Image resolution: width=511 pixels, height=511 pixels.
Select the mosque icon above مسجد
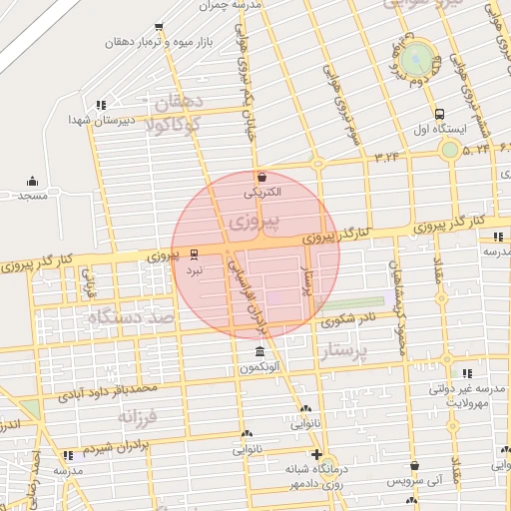pyautogui.click(x=32, y=181)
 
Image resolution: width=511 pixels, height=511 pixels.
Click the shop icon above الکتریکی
pyautogui.click(x=261, y=176)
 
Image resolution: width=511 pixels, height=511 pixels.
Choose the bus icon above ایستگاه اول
pyautogui.click(x=440, y=113)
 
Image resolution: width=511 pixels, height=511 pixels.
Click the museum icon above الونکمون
pyautogui.click(x=259, y=352)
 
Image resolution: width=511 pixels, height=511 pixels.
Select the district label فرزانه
pyautogui.click(x=139, y=412)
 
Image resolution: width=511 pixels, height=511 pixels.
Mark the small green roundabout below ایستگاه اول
pyautogui.click(x=450, y=151)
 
